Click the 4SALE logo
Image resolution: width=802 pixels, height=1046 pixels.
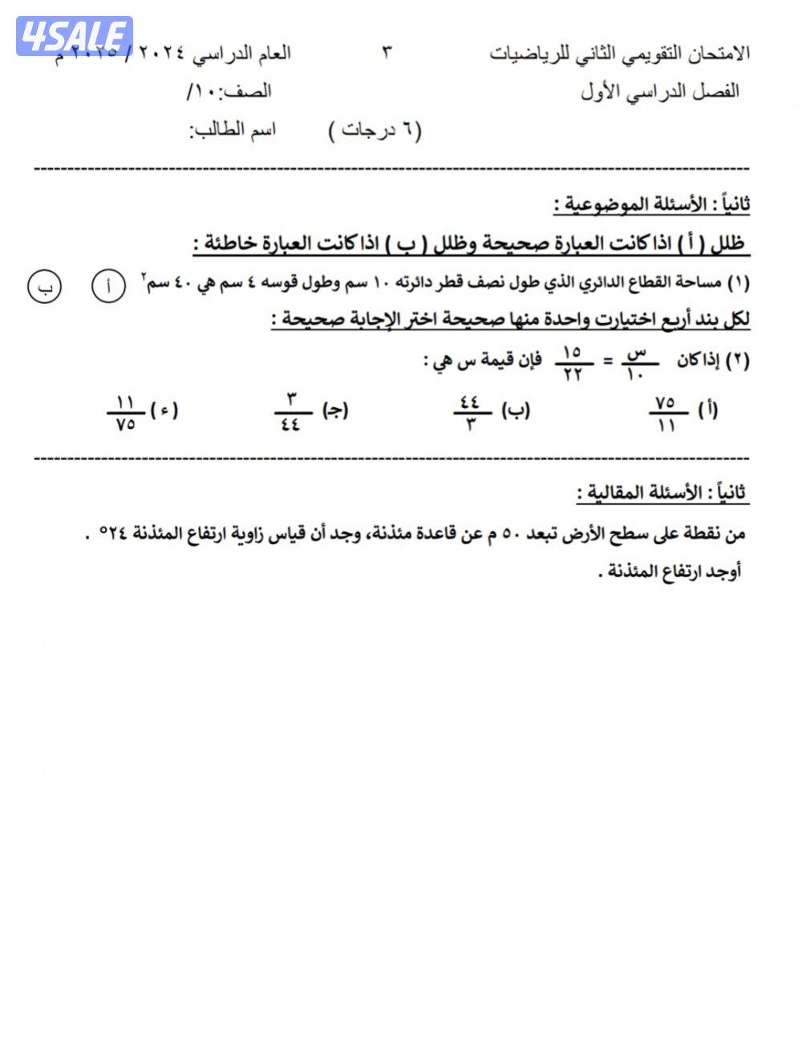tap(74, 36)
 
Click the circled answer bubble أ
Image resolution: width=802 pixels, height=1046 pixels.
tap(109, 286)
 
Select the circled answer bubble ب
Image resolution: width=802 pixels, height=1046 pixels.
tap(45, 286)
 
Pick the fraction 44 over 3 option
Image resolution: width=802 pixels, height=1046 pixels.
tap(472, 414)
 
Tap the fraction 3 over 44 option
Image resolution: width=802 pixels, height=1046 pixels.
tap(291, 414)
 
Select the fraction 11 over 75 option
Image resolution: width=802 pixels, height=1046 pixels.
tap(124, 414)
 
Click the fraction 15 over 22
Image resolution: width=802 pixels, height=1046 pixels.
tap(573, 362)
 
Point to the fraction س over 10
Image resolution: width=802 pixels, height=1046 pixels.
tap(637, 362)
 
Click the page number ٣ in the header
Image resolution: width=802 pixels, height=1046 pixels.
tap(387, 53)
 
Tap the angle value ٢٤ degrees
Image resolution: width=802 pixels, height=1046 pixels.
tap(113, 534)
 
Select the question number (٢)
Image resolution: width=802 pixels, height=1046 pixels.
tap(737, 361)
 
